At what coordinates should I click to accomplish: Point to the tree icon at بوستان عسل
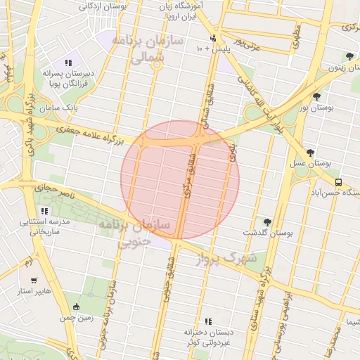coord(310,153)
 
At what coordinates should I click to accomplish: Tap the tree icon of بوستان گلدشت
coord(266,222)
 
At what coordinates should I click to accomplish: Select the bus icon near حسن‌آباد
coord(339,181)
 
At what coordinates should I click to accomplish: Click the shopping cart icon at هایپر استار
coord(34,279)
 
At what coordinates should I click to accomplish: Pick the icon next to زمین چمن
coord(76,306)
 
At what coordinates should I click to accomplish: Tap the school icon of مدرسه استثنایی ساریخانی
coord(45,210)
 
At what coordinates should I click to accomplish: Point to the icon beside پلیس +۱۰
coord(213,38)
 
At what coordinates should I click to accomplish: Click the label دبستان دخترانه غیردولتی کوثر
coord(207,336)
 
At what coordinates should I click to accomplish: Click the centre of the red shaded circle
coord(180,180)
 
